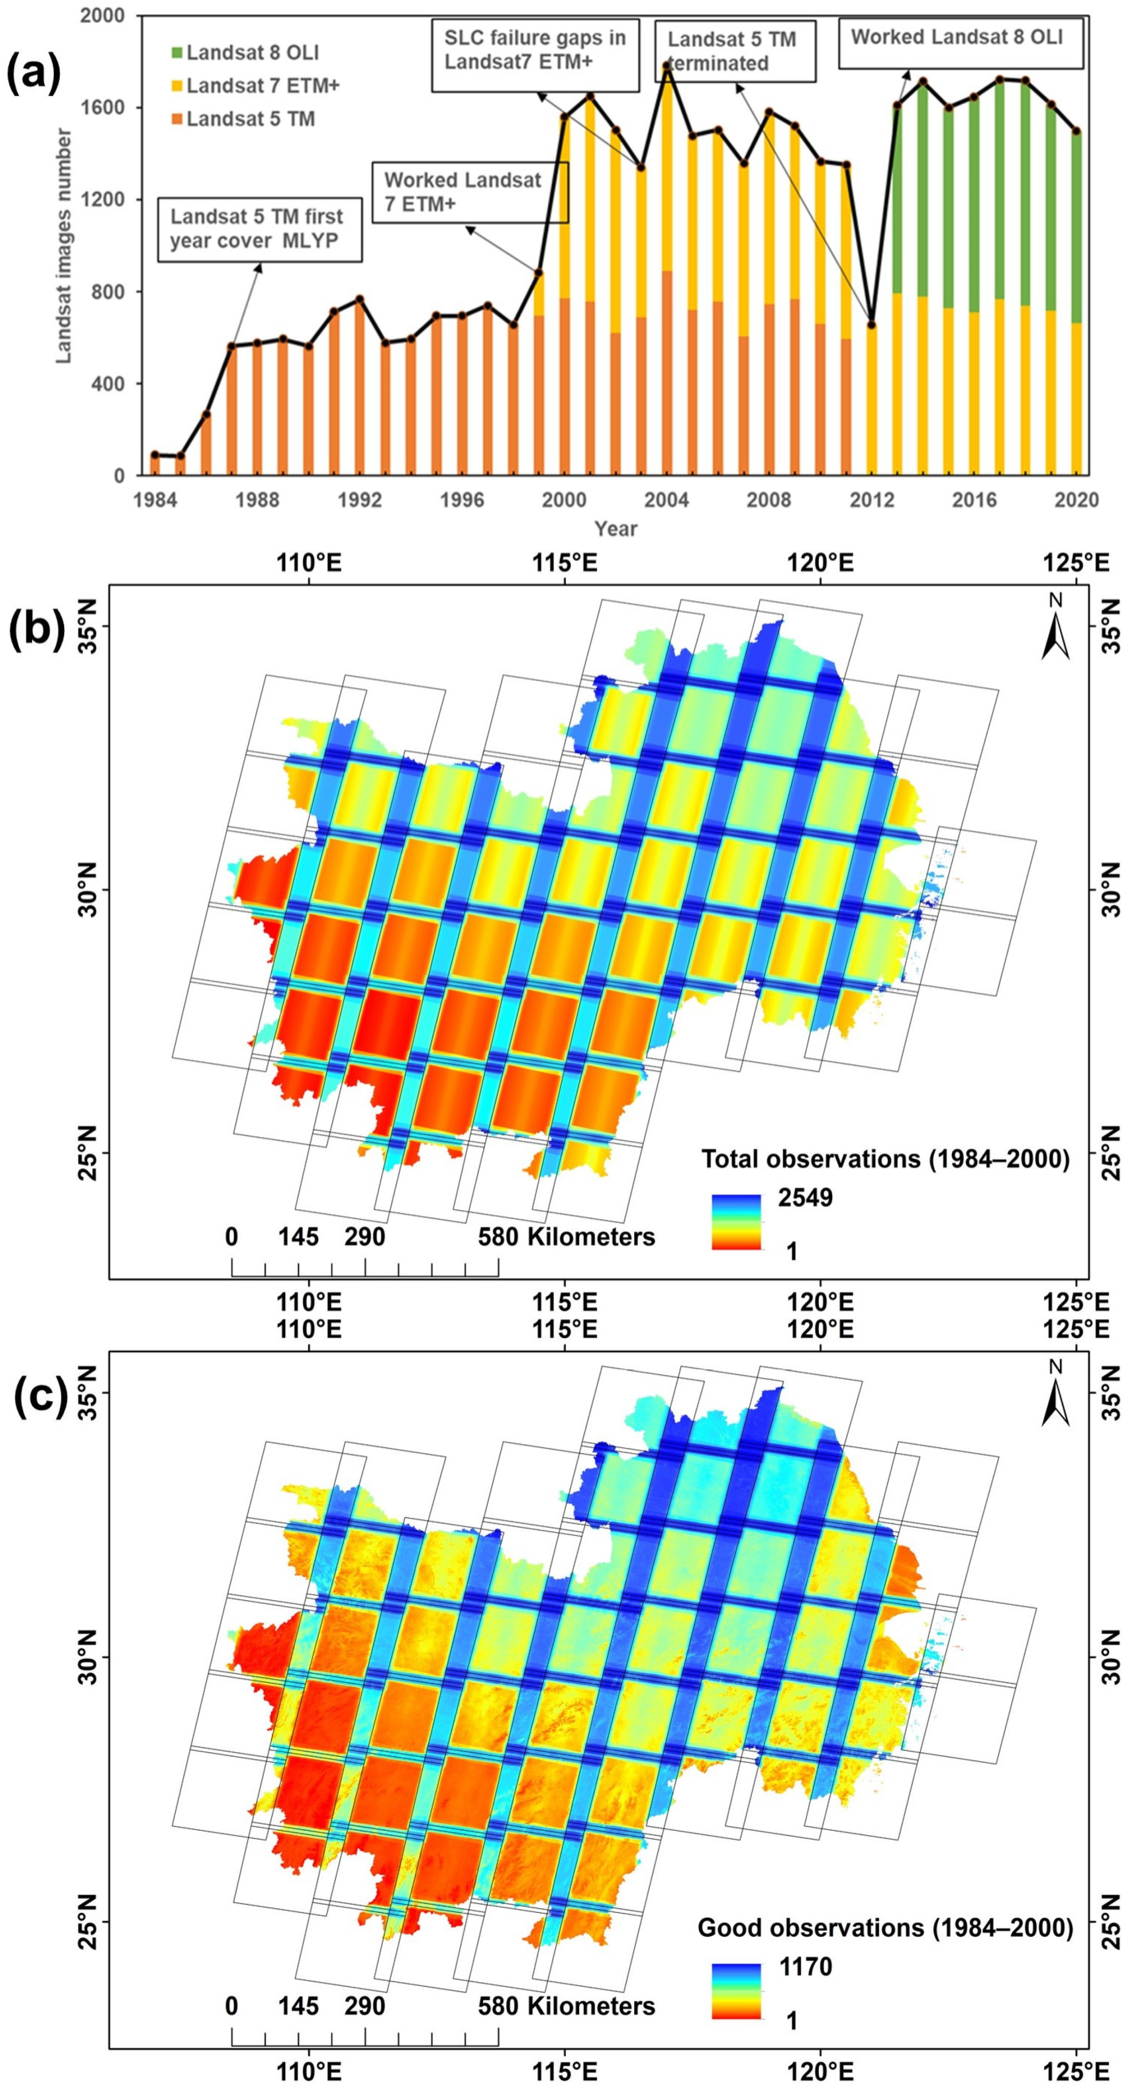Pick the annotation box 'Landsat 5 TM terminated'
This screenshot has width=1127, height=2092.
coord(735,51)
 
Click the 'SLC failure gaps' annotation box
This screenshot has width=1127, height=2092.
coord(534,51)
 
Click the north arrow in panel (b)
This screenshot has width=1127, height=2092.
coord(1056,631)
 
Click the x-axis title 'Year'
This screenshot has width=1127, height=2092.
coord(615,529)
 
